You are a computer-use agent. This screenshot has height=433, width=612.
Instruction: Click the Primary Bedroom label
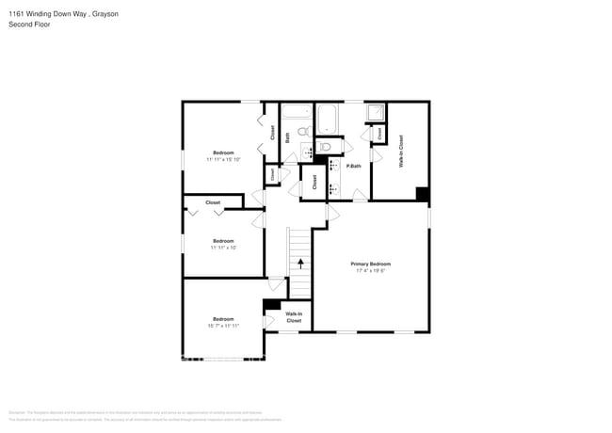(372, 264)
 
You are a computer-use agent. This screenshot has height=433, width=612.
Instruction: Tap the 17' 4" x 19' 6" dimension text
(372, 271)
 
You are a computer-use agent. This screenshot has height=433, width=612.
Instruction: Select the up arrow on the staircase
(300, 265)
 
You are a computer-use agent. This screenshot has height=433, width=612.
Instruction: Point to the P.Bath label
(354, 167)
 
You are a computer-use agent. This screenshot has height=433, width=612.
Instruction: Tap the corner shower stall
(375, 113)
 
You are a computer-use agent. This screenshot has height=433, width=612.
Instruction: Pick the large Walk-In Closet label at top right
(401, 151)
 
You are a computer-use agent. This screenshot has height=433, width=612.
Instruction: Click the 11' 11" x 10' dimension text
(223, 248)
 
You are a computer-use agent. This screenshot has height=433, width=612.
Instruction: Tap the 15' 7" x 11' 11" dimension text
(223, 326)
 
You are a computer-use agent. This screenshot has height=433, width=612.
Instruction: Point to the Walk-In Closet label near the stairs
(294, 317)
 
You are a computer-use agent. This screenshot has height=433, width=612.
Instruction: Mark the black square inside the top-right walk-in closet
(423, 194)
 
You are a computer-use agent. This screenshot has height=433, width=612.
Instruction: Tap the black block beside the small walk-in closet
(272, 304)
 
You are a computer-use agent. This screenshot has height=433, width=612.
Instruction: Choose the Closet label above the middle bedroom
(213, 202)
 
